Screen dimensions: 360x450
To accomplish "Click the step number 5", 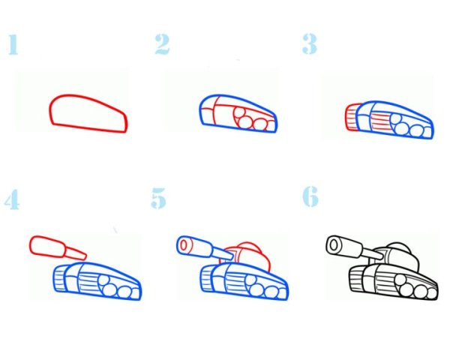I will (158, 199).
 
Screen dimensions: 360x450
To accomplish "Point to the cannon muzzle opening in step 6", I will (333, 244).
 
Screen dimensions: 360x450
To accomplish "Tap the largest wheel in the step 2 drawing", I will (242, 116).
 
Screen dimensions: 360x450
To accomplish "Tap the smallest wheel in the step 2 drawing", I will (265, 123).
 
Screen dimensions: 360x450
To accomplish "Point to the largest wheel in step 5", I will (255, 284).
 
